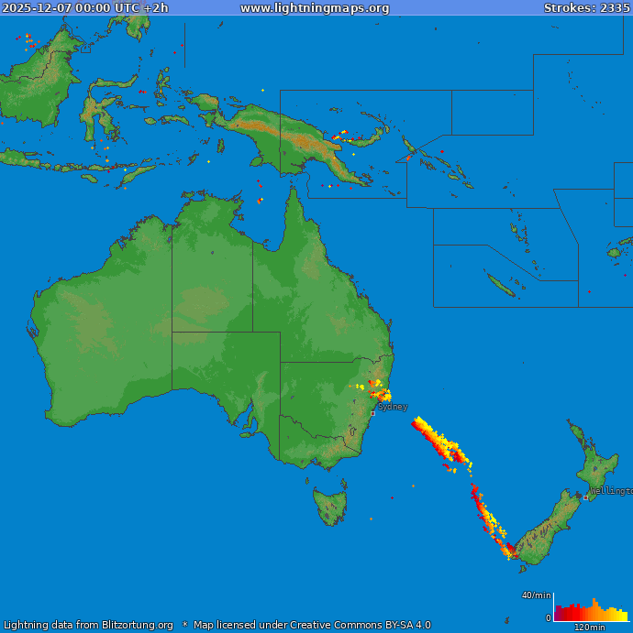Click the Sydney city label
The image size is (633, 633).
[393, 407]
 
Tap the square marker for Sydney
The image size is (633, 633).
[372, 413]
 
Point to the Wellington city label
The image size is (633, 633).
[611, 491]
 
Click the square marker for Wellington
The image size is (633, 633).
[586, 497]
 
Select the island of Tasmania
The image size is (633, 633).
[330, 505]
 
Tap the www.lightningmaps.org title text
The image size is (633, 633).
[315, 8]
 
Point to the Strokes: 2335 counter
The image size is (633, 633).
[586, 8]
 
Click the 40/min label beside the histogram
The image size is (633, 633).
[537, 595]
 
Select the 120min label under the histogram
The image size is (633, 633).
[589, 628]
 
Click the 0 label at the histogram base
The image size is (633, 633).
[549, 618]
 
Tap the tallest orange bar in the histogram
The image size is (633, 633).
[593, 610]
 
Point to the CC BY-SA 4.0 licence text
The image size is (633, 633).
[388, 626]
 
